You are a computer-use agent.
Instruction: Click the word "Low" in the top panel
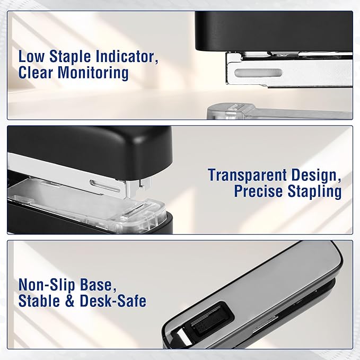coord(31,57)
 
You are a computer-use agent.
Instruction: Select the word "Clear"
coord(36,73)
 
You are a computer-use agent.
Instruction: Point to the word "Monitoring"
coord(93,74)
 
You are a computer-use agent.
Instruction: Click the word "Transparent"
coord(248,175)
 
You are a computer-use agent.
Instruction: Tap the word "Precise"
coord(258,191)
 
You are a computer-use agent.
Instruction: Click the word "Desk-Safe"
coord(113,301)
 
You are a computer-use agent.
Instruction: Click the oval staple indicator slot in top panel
coord(258,73)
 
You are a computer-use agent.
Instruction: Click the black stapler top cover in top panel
coord(274,31)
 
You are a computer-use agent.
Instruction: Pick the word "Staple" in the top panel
coord(70,57)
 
